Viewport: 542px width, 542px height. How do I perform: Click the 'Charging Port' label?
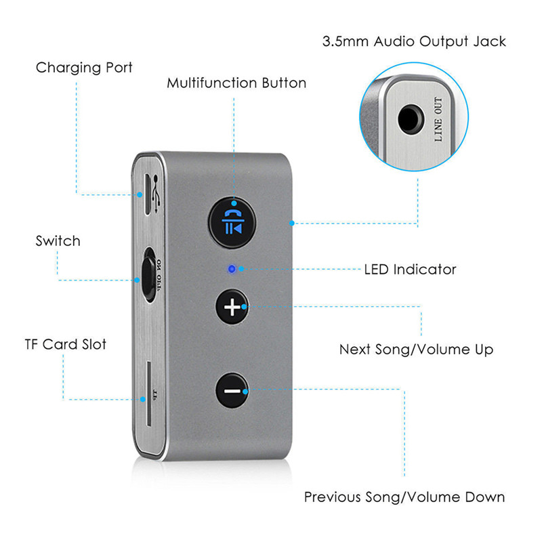coord(84,68)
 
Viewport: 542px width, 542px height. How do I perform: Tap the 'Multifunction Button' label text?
coord(236,83)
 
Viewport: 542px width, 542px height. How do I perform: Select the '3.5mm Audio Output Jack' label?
coord(413,42)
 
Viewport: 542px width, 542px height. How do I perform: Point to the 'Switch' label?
coord(58,241)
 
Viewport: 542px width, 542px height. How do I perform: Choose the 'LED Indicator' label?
coord(410,270)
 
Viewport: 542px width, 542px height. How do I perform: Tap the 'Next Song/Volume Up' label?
coord(416,350)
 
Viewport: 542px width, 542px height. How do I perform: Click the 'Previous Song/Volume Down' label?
coord(404,497)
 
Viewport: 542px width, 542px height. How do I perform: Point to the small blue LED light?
coord(232,269)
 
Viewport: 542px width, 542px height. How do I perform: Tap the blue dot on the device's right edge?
coord(291,222)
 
